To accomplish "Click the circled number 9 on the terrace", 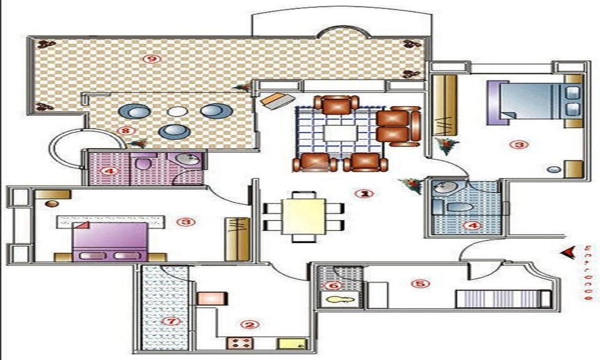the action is click(x=152, y=59).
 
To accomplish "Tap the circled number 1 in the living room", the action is click(x=364, y=194).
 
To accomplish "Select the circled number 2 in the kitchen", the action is click(x=250, y=325).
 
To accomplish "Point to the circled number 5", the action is click(x=421, y=283).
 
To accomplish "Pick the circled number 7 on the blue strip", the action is click(x=171, y=320).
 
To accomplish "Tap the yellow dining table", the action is click(x=304, y=216).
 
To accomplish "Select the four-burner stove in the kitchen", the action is click(x=240, y=343).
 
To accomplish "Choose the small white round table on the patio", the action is click(x=177, y=112).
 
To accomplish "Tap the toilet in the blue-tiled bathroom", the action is click(x=459, y=208).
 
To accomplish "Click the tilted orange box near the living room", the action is click(x=278, y=101).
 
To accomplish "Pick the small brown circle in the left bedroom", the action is click(x=52, y=204).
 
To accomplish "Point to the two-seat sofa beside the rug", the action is click(x=398, y=127).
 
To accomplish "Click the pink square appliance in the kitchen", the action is click(x=212, y=299).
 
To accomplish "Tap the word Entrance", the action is click(x=588, y=272).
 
